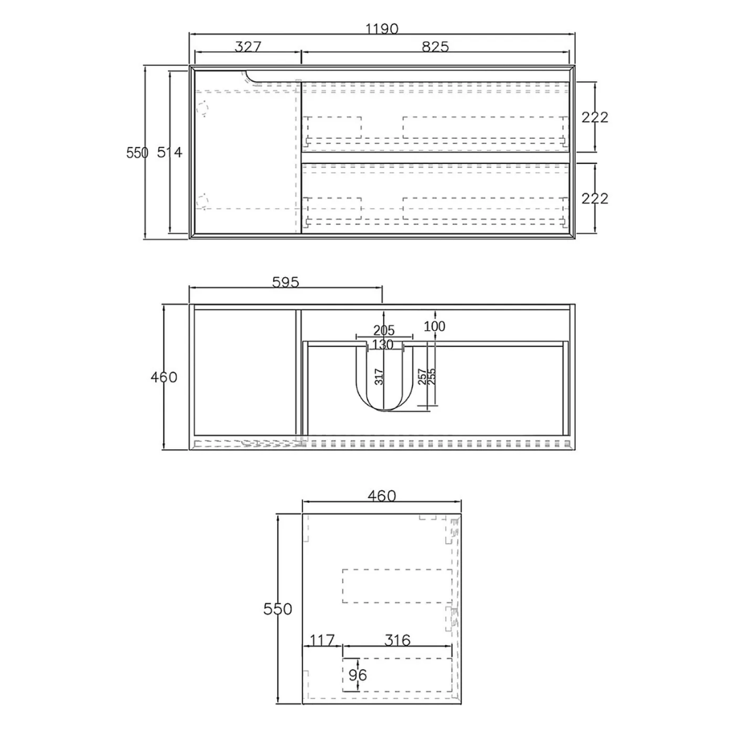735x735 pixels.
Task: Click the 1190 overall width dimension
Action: [x=382, y=29]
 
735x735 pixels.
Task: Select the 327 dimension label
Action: [x=248, y=47]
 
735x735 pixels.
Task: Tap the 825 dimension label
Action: [x=435, y=47]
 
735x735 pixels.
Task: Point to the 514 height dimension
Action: [x=169, y=152]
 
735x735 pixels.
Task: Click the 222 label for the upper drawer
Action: [x=595, y=117]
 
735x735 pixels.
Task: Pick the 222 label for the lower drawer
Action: [x=595, y=199]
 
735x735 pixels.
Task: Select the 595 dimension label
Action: [x=285, y=282]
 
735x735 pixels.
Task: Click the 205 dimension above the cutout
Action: [x=384, y=331]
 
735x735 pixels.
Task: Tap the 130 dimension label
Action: [x=382, y=345]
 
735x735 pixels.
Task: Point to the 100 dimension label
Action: [x=434, y=326]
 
